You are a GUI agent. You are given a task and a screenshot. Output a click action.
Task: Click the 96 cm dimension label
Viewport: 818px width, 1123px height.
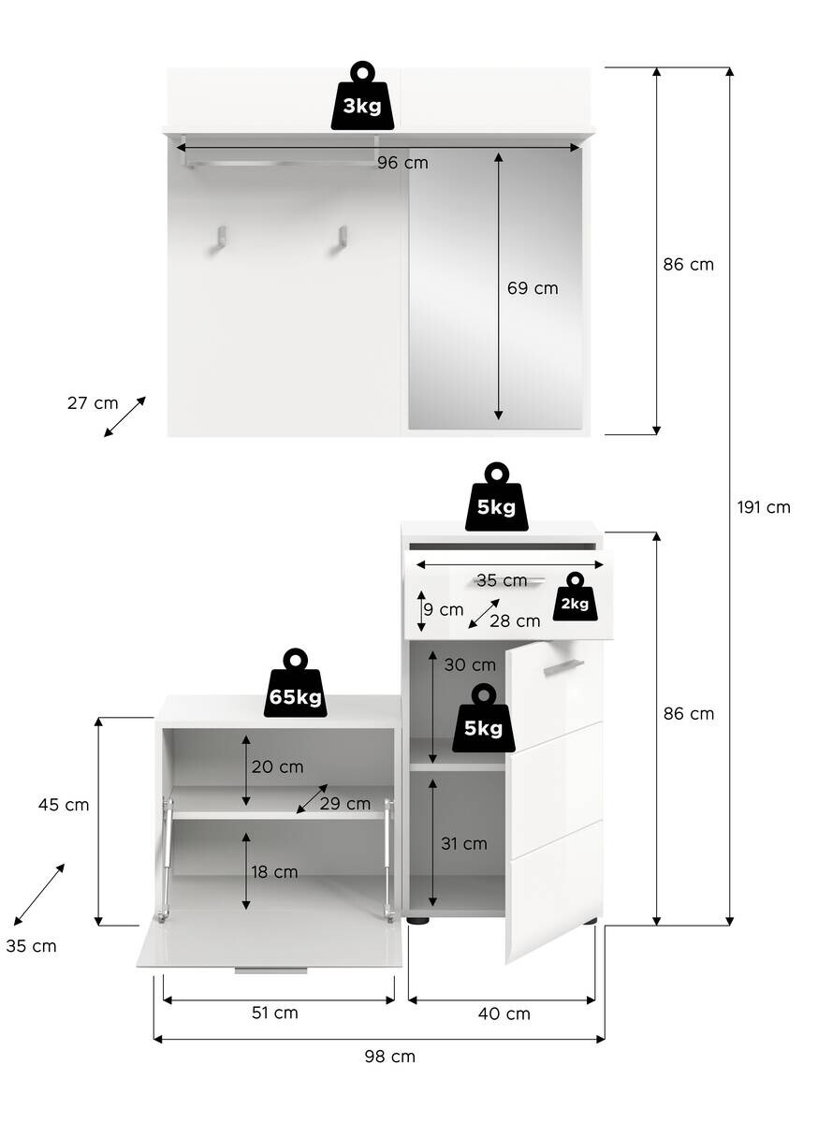pyautogui.click(x=402, y=163)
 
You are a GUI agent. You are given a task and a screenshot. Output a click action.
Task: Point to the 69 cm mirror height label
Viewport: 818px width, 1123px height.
pyautogui.click(x=533, y=288)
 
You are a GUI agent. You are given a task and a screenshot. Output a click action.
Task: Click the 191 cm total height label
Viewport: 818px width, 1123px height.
pyautogui.click(x=764, y=507)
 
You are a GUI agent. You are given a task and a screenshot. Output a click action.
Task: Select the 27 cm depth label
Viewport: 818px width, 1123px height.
pyautogui.click(x=93, y=403)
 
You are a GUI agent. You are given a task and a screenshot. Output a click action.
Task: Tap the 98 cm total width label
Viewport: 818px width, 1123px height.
pyautogui.click(x=389, y=1057)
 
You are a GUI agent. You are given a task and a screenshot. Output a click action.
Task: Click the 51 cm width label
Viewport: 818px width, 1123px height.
pyautogui.click(x=274, y=1013)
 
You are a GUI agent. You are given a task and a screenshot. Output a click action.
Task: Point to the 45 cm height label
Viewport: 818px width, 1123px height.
pyautogui.click(x=64, y=805)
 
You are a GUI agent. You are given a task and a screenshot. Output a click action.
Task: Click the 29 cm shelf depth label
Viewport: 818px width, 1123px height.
pyautogui.click(x=345, y=804)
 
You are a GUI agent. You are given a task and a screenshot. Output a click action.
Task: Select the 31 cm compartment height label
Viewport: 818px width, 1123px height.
pyautogui.click(x=464, y=843)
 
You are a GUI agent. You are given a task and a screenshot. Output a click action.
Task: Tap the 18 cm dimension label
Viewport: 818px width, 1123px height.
pyautogui.click(x=274, y=872)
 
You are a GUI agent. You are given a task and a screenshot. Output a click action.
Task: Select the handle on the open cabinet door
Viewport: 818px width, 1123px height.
pyautogui.click(x=563, y=666)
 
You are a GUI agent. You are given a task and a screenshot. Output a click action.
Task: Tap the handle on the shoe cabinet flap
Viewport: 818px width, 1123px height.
pyautogui.click(x=270, y=970)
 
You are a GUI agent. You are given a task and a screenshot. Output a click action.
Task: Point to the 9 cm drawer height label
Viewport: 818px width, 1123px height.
pyautogui.click(x=442, y=609)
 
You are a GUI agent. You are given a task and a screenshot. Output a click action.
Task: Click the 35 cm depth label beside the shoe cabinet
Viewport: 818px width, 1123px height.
pyautogui.click(x=31, y=946)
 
